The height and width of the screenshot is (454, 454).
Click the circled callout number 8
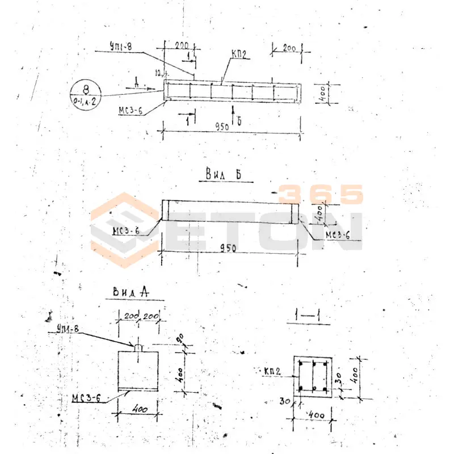(85, 90)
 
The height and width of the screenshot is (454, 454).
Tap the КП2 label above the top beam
(239, 54)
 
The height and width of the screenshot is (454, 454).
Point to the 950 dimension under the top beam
(222, 127)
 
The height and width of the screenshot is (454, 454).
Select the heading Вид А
(131, 292)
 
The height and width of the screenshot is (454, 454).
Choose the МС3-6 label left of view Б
(127, 230)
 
